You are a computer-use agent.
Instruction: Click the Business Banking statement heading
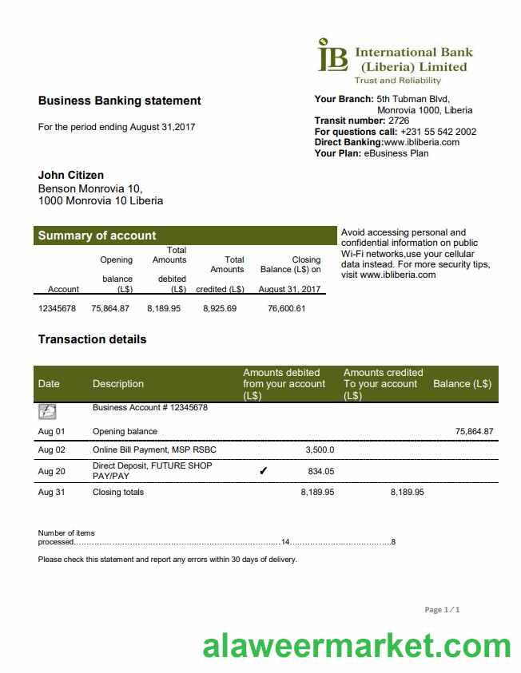(120, 101)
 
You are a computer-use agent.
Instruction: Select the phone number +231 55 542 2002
(439, 132)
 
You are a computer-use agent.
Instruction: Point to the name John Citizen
(71, 175)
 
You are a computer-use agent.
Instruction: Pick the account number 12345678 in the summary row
(57, 308)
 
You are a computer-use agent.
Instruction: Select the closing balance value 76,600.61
(287, 308)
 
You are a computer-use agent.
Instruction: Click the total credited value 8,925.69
(220, 308)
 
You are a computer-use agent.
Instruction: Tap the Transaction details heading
(93, 339)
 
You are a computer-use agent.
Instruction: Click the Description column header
(118, 384)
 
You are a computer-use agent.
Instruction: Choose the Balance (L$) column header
(462, 384)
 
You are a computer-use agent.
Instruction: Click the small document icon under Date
(47, 412)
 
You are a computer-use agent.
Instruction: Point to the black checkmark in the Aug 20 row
(264, 471)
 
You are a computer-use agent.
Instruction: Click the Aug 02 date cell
(51, 450)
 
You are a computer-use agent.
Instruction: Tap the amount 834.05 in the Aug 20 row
(321, 471)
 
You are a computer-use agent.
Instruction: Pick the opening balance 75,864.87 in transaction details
(475, 431)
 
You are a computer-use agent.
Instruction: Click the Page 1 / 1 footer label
(442, 610)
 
